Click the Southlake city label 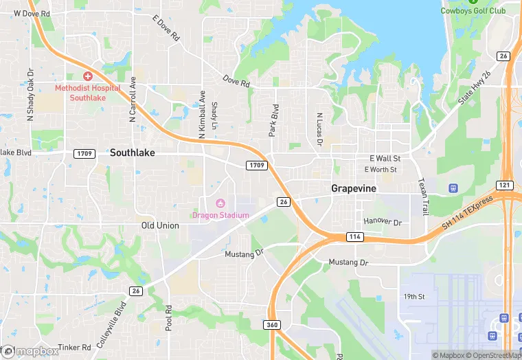coord(133,153)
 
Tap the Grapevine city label coord(354,188)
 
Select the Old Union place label coord(160,225)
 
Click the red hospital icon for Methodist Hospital coord(88,76)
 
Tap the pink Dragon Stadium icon coord(220,203)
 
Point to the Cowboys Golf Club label coord(473,10)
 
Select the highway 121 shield coord(504,185)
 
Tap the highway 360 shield coord(272,324)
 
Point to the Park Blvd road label coord(275,120)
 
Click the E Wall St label coord(385,158)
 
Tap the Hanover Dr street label coord(383,221)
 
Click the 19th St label coord(415,296)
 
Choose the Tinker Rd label coord(75,348)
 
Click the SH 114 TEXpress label coord(468,213)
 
